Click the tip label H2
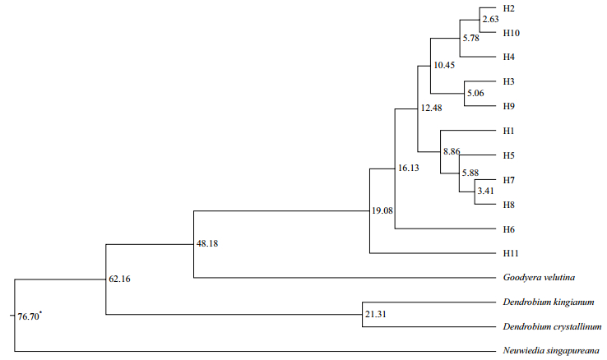[510, 8]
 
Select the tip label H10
[512, 33]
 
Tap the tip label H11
[512, 252]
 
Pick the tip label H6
[510, 228]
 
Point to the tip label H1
[510, 131]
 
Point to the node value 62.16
[120, 279]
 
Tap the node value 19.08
[383, 211]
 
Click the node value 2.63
[490, 20]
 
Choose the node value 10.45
[444, 66]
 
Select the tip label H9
[510, 106]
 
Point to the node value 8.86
[453, 152]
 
